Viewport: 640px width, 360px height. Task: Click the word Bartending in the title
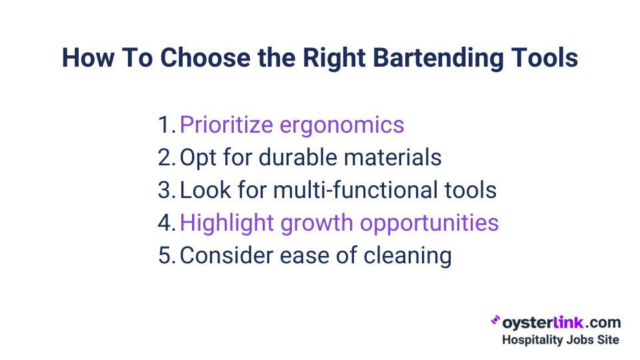click(439, 58)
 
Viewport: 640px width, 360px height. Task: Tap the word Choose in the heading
click(205, 57)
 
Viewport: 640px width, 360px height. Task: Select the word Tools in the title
click(545, 57)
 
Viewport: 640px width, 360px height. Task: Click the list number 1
click(166, 125)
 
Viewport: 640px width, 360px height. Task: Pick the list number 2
click(167, 157)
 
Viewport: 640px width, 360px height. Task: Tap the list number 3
click(167, 190)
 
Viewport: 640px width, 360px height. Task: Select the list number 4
click(167, 223)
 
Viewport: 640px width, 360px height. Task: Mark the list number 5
click(167, 255)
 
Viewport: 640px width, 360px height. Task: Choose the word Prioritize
click(226, 125)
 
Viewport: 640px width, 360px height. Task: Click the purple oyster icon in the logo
click(495, 321)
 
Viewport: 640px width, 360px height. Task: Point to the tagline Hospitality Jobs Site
click(561, 339)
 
